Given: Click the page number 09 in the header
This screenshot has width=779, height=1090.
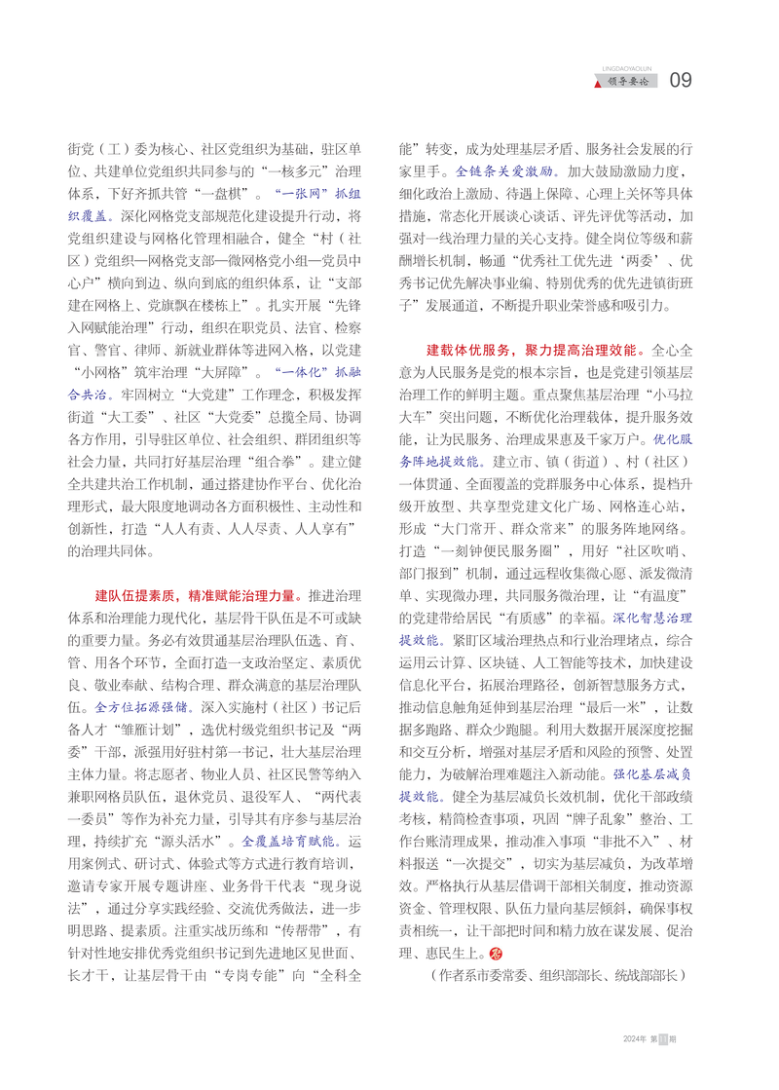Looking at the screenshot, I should pyautogui.click(x=681, y=80).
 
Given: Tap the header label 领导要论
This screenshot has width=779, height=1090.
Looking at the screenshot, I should pyautogui.click(x=632, y=82).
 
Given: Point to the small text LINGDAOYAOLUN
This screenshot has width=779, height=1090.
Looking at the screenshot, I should pyautogui.click(x=632, y=69).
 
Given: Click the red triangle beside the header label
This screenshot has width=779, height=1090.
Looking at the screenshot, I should pyautogui.click(x=599, y=83).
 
